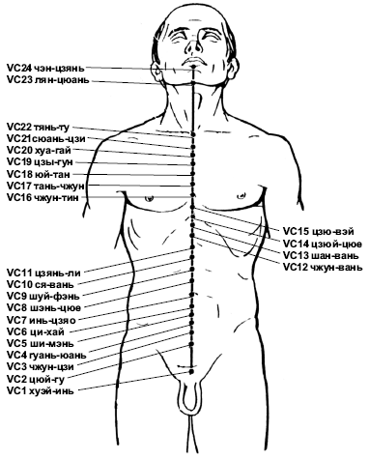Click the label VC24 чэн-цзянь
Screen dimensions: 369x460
coord(45,69)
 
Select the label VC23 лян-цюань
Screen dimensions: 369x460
coord(47,80)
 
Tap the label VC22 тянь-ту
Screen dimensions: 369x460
coord(38,128)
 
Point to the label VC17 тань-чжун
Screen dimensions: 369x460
coord(45,186)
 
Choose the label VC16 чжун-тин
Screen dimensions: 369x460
coord(43,197)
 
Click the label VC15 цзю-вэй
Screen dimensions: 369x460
coord(319,231)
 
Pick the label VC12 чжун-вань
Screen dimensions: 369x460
coord(323,267)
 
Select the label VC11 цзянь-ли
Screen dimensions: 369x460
coord(43,273)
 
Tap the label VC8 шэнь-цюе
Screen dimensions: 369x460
coord(43,307)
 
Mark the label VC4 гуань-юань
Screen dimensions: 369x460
coord(46,355)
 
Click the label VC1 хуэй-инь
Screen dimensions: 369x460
coord(41,391)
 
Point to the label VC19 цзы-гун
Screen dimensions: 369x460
coord(40,162)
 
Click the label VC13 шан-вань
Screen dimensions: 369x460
coord(321,256)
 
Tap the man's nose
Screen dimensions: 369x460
coord(194,45)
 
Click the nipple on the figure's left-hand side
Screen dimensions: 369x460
coord(149,198)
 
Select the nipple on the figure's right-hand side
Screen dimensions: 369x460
coord(241,195)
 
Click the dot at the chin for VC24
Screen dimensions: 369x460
coord(193,67)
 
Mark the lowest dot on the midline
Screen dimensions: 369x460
coord(192,372)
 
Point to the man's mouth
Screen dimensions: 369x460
coord(193,61)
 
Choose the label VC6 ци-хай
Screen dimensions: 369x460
coord(36,331)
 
